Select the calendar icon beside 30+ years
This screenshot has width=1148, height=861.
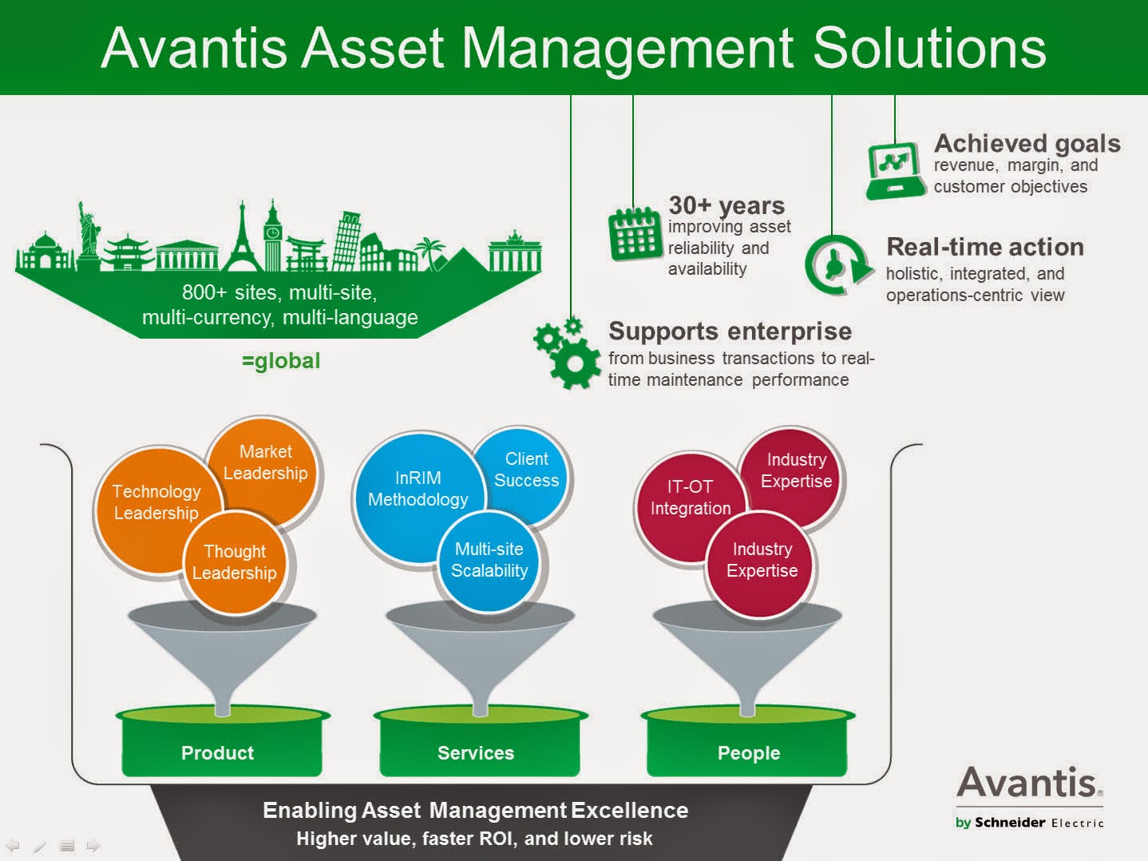tap(635, 234)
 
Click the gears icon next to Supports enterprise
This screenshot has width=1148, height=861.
tap(567, 353)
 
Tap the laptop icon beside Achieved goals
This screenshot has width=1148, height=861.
tap(893, 170)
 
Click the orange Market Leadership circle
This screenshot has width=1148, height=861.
tap(266, 462)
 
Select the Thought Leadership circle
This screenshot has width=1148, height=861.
tap(235, 562)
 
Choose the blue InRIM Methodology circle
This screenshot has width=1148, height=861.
tap(418, 489)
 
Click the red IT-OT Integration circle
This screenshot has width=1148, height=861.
tap(690, 498)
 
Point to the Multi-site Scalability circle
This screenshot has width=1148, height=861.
tap(489, 560)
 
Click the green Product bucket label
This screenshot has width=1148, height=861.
tap(217, 752)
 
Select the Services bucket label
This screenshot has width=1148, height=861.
tap(476, 752)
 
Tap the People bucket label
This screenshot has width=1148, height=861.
tap(749, 752)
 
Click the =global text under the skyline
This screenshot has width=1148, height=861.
tap(281, 361)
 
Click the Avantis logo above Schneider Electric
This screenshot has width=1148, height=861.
tap(1029, 783)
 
